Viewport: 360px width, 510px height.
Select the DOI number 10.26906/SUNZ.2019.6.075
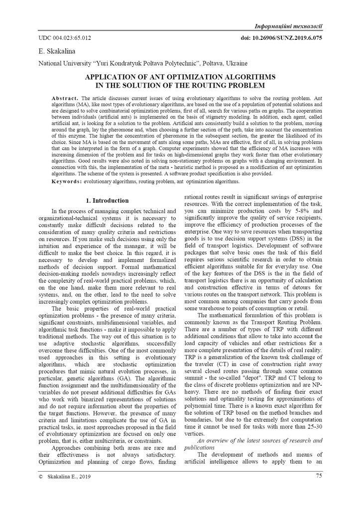[x=281, y=38]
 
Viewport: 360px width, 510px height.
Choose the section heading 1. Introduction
[x=107, y=201]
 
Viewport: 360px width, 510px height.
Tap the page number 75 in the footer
[x=319, y=476]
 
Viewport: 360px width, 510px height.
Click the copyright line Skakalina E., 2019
[x=69, y=477]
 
